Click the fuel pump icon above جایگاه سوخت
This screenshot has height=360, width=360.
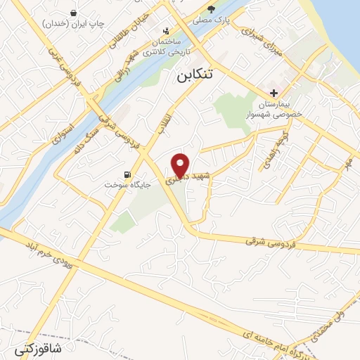tap(127, 174)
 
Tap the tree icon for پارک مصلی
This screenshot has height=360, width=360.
tap(211, 9)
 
